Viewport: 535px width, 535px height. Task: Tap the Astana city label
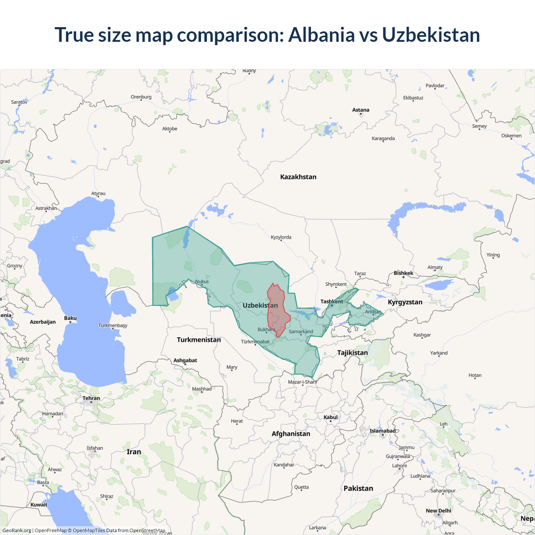[361, 110]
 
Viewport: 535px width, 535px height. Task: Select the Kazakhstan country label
[298, 177]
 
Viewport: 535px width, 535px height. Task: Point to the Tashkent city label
[331, 301]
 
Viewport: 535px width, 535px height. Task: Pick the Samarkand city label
[301, 331]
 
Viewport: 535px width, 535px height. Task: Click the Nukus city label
[202, 281]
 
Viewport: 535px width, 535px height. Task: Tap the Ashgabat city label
[185, 360]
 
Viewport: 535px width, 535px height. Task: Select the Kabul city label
[330, 417]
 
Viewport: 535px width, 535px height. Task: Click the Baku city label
[70, 318]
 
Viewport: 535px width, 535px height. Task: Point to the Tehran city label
[91, 398]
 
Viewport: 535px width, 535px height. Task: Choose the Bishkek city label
[403, 273]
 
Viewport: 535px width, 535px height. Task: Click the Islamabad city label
[382, 431]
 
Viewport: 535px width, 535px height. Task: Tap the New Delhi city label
[438, 511]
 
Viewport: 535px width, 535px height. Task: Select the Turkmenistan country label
[199, 340]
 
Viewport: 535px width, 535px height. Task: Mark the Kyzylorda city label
[281, 237]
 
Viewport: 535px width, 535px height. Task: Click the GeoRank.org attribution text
[17, 530]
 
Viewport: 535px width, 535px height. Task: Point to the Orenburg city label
[141, 97]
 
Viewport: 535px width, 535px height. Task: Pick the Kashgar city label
[422, 335]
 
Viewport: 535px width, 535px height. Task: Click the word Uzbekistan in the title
[431, 35]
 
